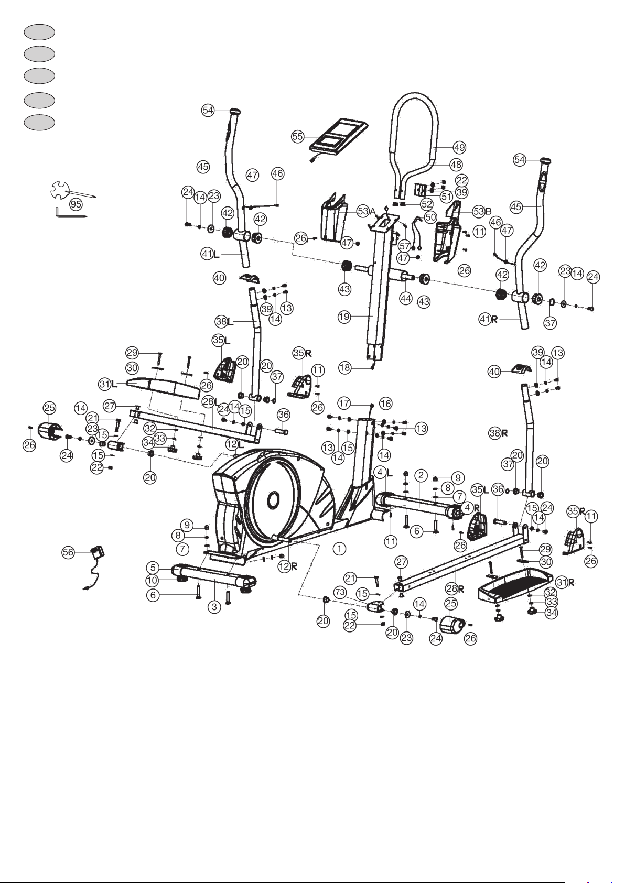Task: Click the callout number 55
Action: (x=298, y=137)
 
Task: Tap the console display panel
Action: (x=338, y=136)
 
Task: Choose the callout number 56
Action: (x=68, y=552)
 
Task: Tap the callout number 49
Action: (x=459, y=148)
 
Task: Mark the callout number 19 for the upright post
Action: (x=344, y=317)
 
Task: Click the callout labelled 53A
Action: (x=365, y=211)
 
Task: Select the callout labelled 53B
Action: (x=482, y=211)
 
